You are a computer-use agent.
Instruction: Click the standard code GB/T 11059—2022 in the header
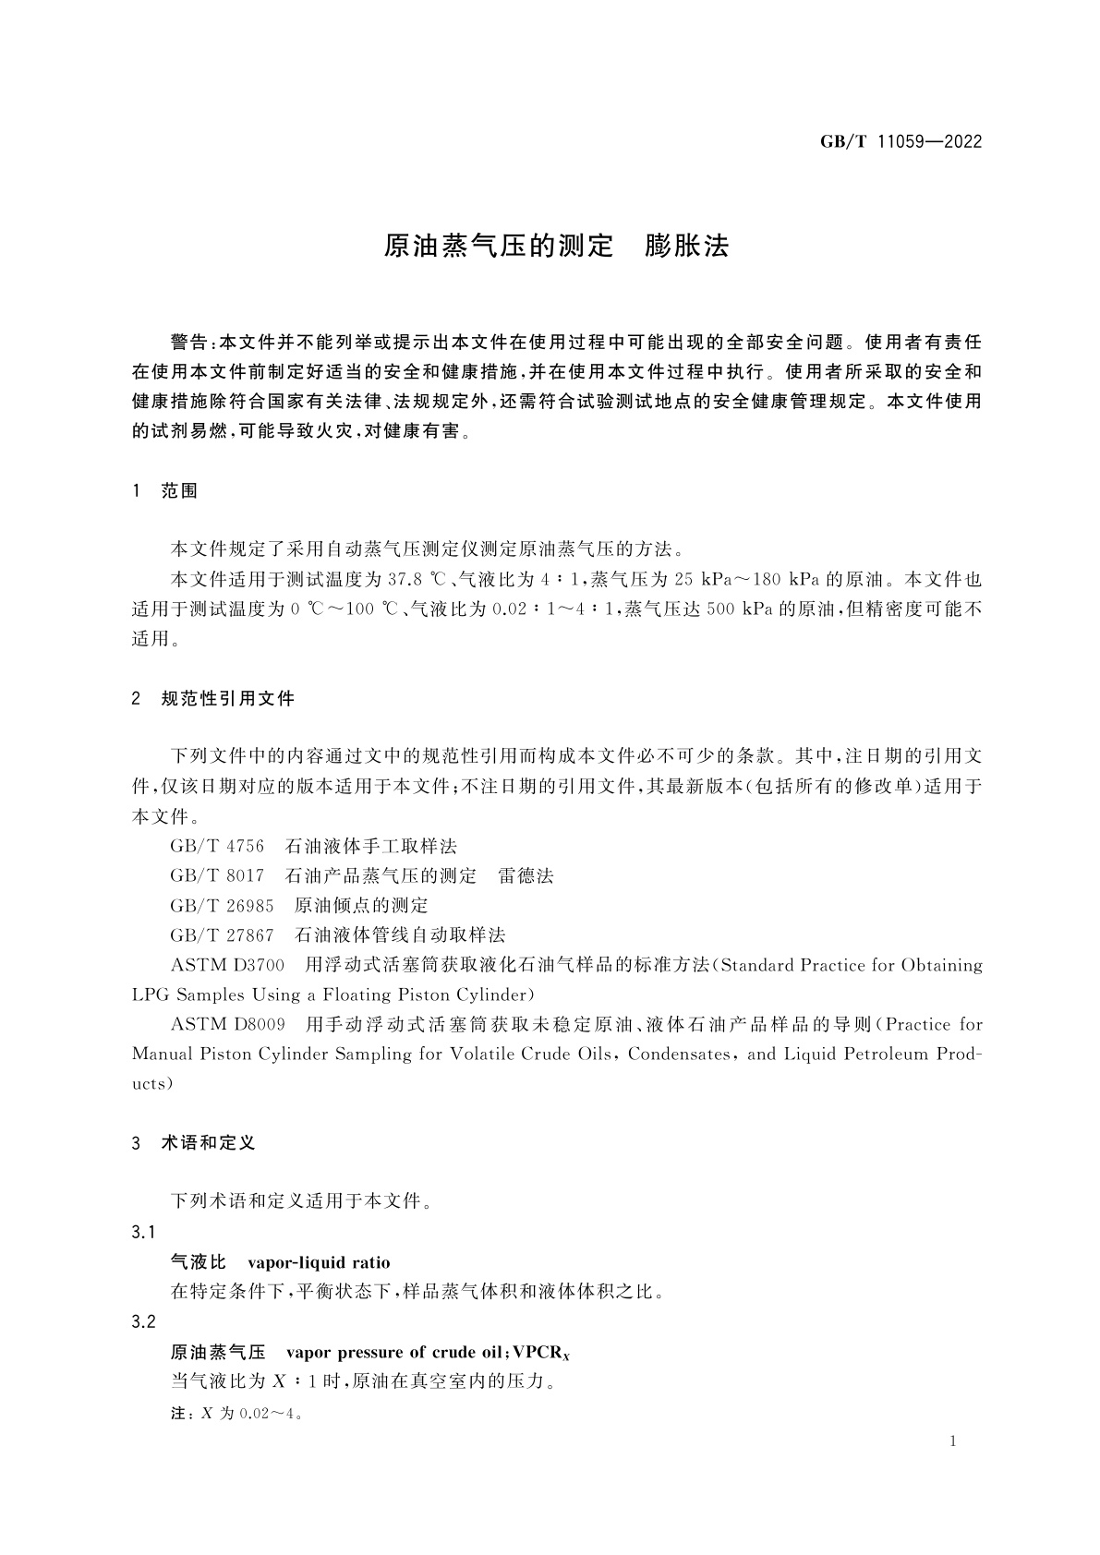[x=901, y=142]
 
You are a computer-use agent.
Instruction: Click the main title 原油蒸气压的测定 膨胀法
[x=556, y=246]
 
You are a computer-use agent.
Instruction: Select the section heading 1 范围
[x=165, y=491]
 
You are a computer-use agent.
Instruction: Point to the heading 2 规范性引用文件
[x=213, y=699]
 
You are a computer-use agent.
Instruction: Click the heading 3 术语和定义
[x=194, y=1143]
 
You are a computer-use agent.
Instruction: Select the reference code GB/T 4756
[x=217, y=847]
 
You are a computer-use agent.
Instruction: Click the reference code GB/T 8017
[x=217, y=876]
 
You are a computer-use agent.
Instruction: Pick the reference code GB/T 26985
[x=222, y=906]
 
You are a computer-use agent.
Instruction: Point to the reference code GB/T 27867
[x=222, y=935]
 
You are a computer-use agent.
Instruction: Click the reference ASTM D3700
[x=228, y=966]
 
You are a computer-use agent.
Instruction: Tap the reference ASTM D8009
[x=228, y=1025]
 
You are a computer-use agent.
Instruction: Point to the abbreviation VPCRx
[x=542, y=1353]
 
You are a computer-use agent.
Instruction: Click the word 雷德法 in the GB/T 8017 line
[x=526, y=876]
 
